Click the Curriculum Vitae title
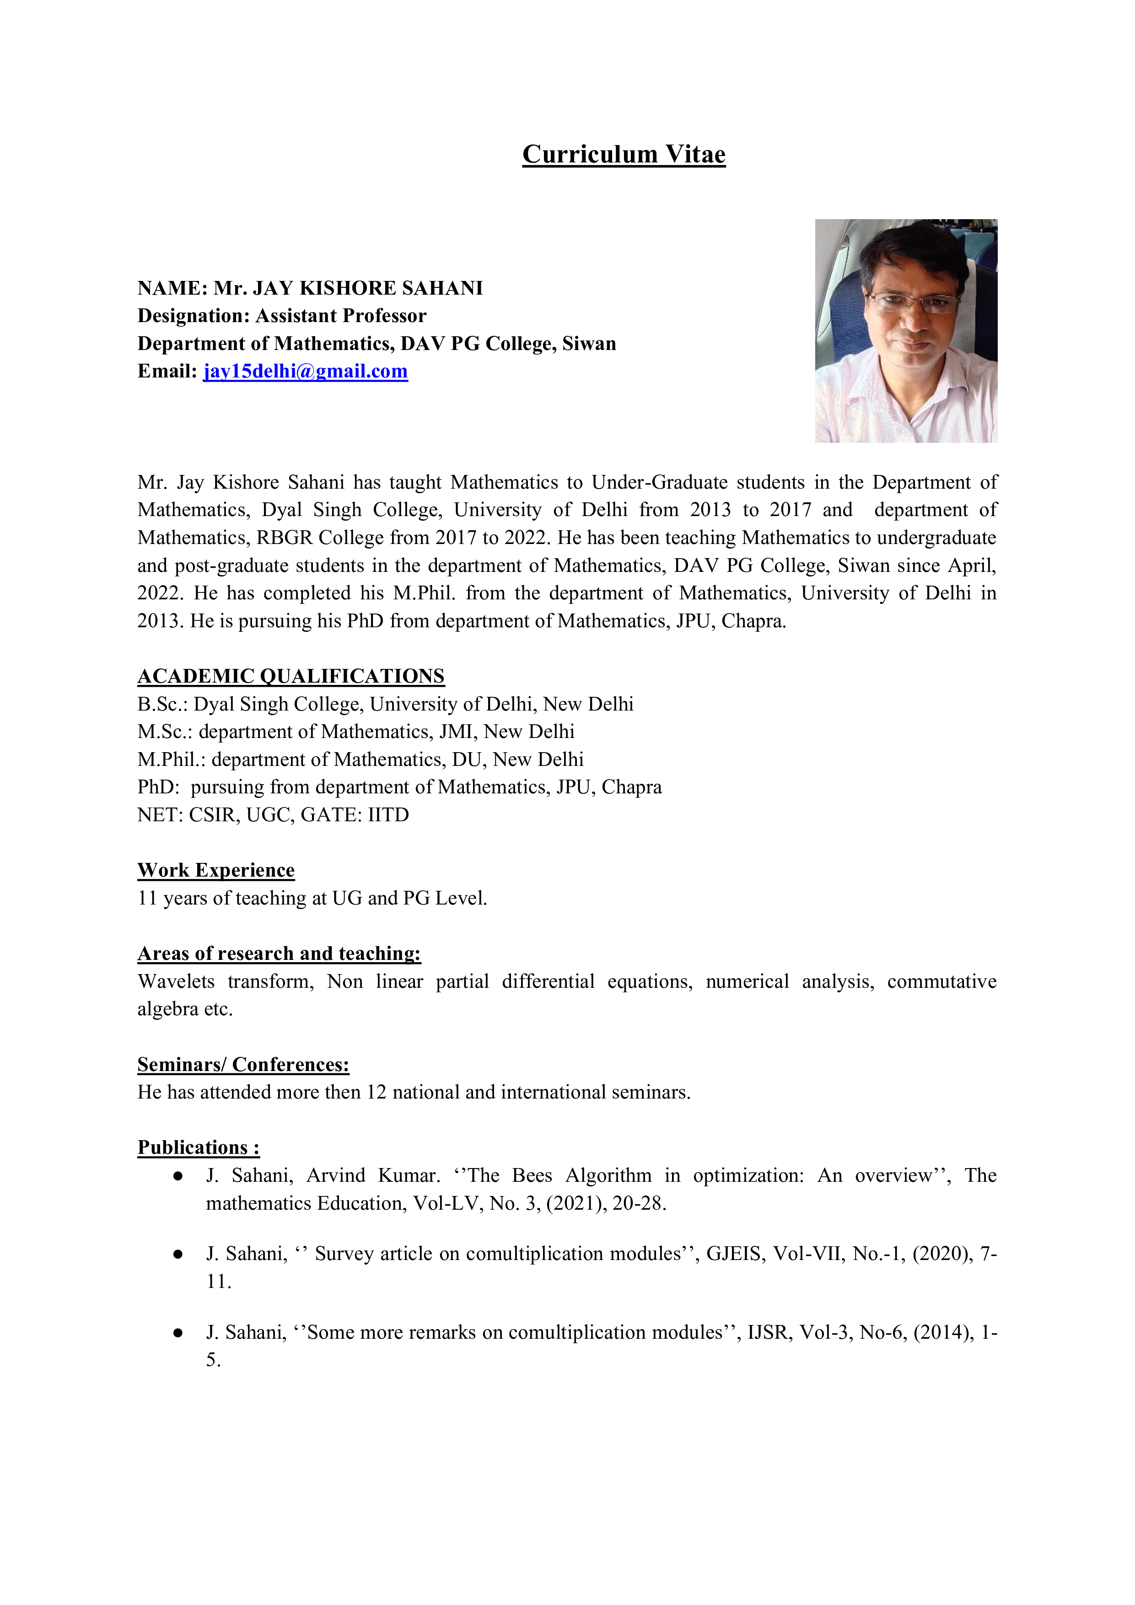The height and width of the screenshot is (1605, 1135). [624, 155]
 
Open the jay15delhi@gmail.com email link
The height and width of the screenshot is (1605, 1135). [306, 371]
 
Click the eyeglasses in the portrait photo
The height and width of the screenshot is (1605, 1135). [912, 302]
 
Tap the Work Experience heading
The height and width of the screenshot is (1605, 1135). [216, 870]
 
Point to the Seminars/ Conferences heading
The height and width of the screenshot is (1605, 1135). [243, 1065]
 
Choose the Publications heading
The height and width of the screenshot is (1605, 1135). [199, 1148]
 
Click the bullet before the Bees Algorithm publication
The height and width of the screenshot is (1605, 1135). [178, 1177]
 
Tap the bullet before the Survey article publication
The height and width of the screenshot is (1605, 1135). [178, 1255]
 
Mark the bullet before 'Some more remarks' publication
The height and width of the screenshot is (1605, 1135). [178, 1334]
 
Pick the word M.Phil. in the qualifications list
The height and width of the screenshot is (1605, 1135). [171, 760]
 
